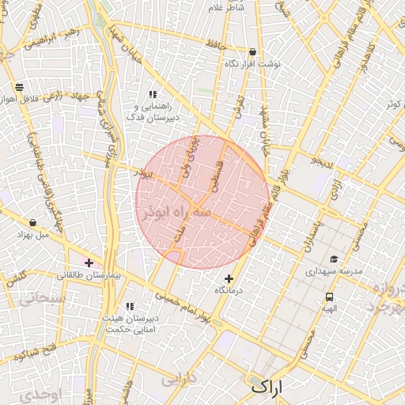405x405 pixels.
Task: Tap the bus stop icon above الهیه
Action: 328,297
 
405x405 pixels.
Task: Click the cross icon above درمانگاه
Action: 229,278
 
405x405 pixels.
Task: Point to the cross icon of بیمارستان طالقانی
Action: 89,263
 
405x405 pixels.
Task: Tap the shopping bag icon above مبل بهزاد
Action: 32,223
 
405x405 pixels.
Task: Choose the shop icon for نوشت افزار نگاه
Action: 252,51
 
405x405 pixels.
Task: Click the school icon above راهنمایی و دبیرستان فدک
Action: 153,94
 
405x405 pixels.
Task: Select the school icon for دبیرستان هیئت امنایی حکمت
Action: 131,306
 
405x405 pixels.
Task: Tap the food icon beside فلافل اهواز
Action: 19,87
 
